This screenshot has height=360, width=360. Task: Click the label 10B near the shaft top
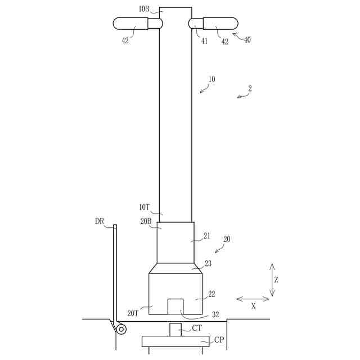144,9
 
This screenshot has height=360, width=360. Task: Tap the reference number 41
204,41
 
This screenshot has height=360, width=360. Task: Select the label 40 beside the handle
247,40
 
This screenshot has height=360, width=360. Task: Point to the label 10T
145,208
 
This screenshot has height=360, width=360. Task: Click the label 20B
146,221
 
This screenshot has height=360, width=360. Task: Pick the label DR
100,221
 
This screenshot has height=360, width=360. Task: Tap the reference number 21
207,236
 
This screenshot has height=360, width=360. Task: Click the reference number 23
208,263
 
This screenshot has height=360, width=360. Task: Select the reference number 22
211,294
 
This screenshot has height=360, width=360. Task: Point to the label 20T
133,313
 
